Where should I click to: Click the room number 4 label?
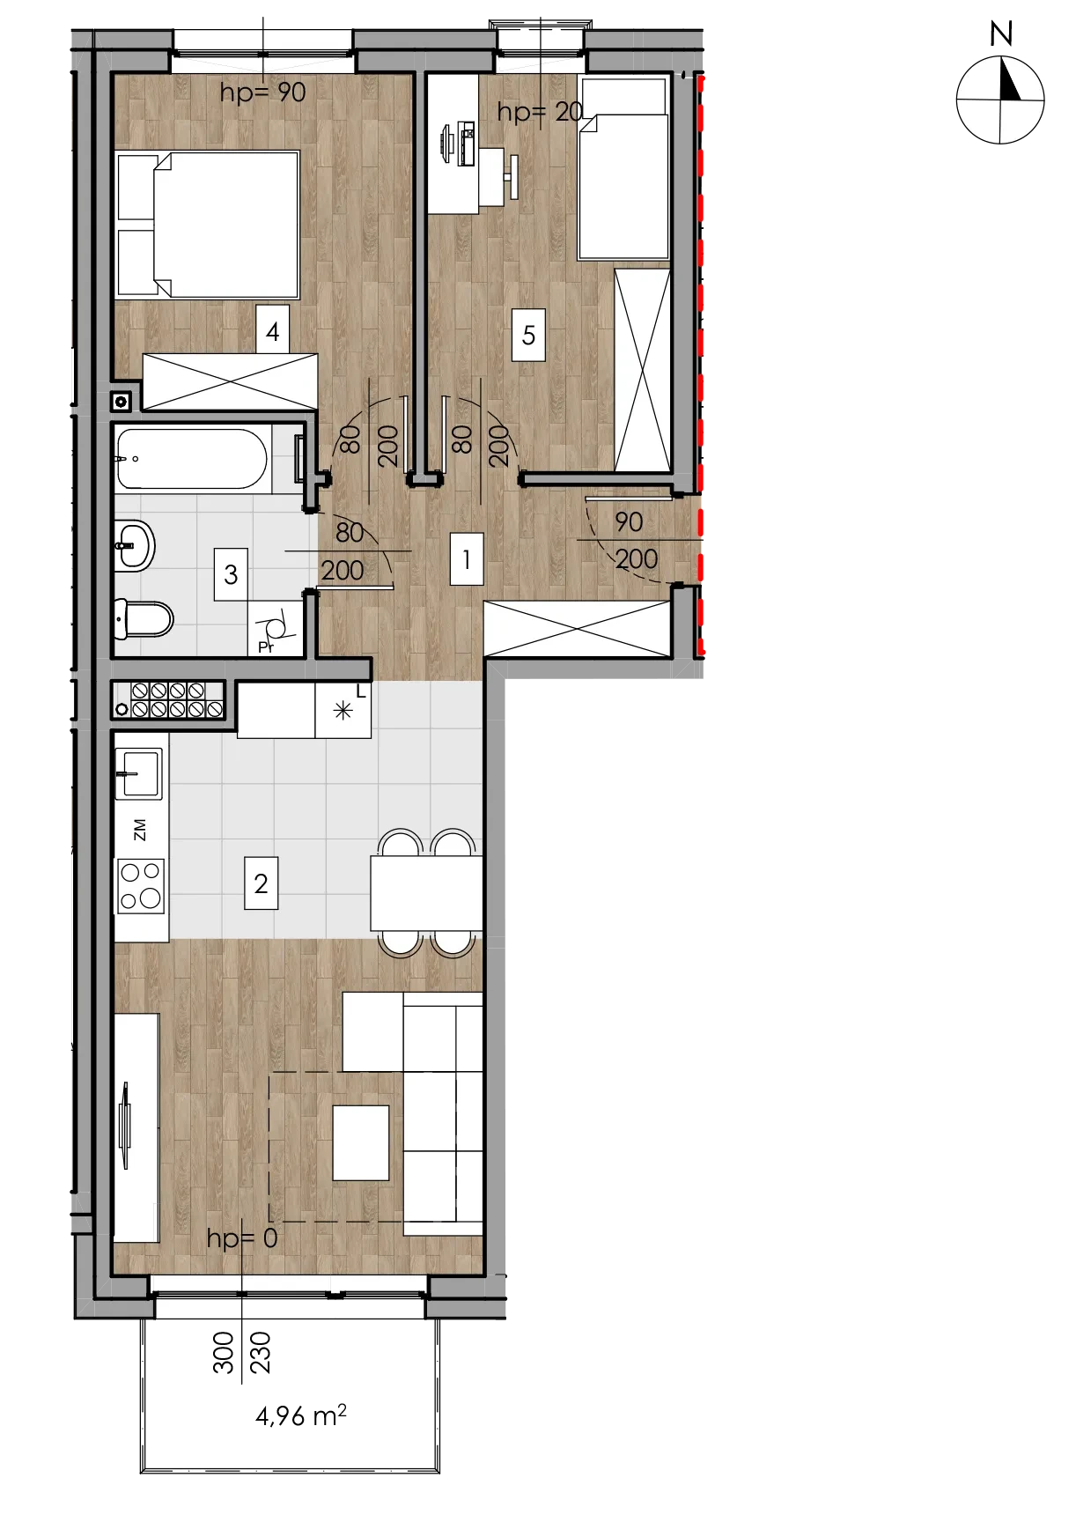click(273, 331)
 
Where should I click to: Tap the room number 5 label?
click(528, 335)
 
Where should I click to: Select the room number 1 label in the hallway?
click(467, 559)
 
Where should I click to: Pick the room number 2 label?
click(261, 883)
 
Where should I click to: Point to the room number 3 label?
click(231, 574)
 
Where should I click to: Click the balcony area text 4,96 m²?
click(301, 1415)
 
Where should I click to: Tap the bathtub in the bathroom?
click(192, 458)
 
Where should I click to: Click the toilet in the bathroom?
click(144, 619)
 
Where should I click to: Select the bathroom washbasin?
click(135, 545)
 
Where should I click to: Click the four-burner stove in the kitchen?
click(141, 886)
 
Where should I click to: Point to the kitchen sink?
click(139, 773)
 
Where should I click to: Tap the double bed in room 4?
click(208, 224)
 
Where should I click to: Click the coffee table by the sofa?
click(361, 1142)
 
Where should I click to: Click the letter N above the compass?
click(1001, 34)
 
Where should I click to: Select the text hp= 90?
click(262, 92)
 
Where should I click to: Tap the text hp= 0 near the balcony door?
click(242, 1238)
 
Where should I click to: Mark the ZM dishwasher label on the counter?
click(140, 830)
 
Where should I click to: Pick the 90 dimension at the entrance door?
click(629, 522)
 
